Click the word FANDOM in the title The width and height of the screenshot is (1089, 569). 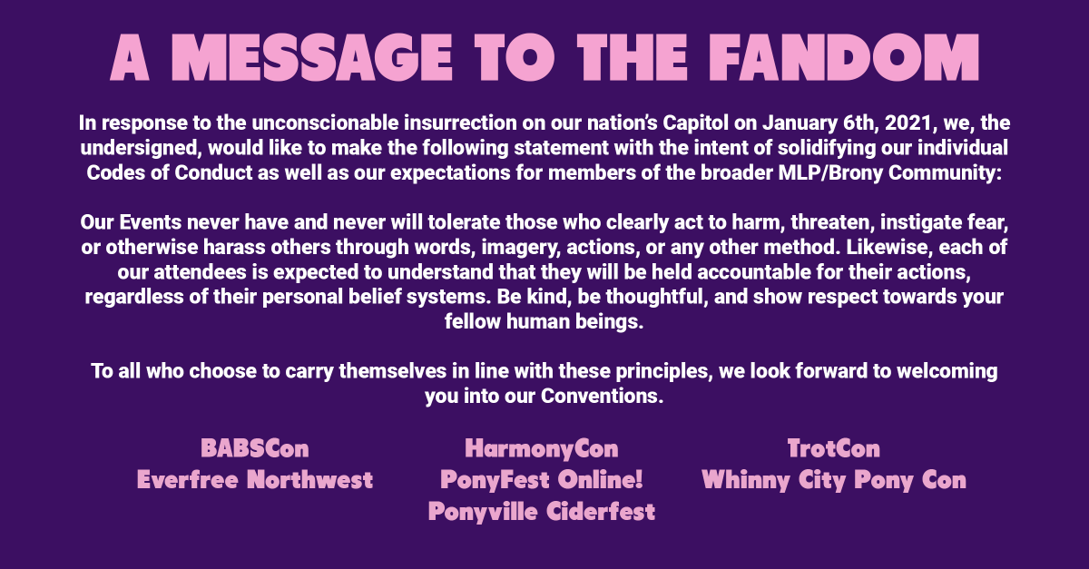tap(843, 57)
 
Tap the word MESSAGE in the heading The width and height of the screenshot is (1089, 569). tap(312, 57)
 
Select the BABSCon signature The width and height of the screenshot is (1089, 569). tap(255, 448)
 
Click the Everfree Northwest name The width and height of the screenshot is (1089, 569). tap(255, 480)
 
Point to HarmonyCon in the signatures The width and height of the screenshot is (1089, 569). tap(542, 449)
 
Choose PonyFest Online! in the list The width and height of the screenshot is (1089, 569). tap(542, 480)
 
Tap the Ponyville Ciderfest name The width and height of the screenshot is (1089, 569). tap(542, 512)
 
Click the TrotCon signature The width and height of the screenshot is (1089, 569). tap(834, 448)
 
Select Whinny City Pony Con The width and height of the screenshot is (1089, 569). tap(834, 480)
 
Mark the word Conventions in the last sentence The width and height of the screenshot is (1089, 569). tap(602, 396)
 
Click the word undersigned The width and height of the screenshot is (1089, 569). tap(141, 148)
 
